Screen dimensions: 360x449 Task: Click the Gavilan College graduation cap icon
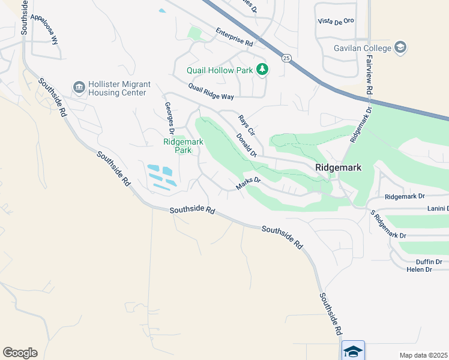coord(400,47)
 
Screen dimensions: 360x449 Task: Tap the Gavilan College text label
coord(362,48)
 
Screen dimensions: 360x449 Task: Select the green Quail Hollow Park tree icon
coord(262,70)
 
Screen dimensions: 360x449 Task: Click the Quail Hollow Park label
coord(220,70)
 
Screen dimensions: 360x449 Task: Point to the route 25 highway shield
coord(286,58)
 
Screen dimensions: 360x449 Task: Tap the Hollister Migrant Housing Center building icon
coord(79,88)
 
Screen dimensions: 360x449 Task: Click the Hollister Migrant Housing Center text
coord(118,89)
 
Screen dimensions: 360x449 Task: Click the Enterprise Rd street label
coord(235,40)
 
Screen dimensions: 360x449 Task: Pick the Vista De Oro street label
coord(336,21)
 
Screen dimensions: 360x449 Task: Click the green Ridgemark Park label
coord(183,146)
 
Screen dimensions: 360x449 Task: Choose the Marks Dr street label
coord(249,183)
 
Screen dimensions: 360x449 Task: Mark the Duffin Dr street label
coord(429,262)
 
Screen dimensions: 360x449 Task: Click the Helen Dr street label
coord(420,269)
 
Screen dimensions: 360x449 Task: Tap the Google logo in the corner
coord(20,353)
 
